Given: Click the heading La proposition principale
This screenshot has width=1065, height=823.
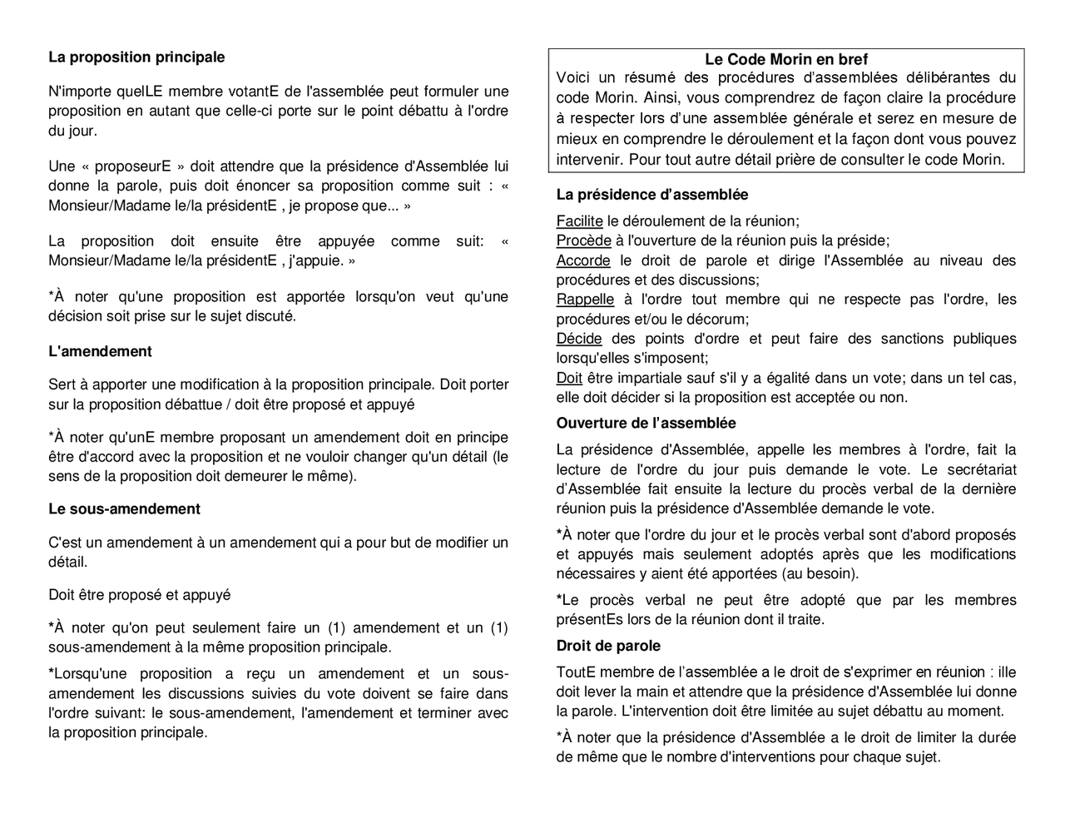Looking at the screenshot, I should [136, 57].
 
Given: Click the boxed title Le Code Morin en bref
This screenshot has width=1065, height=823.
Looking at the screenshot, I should [785, 59].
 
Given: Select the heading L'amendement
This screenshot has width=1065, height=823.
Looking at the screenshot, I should [100, 351].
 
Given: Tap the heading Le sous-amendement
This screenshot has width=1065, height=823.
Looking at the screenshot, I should [124, 508].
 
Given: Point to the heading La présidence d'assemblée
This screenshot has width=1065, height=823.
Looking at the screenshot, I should [651, 195].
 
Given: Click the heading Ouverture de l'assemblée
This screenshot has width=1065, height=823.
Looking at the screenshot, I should [646, 423].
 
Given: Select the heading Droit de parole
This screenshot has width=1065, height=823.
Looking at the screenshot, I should [608, 646].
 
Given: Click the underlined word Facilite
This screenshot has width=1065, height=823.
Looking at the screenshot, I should [579, 221].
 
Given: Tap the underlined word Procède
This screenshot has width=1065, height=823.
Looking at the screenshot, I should [583, 240].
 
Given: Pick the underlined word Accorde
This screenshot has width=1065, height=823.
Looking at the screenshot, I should [582, 260].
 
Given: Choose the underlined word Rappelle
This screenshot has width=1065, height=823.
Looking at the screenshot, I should [585, 300].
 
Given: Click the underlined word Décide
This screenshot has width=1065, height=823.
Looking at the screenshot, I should [579, 339].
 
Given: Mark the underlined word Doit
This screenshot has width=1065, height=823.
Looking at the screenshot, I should [569, 378].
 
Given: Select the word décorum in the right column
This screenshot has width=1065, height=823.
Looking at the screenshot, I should [719, 319].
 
